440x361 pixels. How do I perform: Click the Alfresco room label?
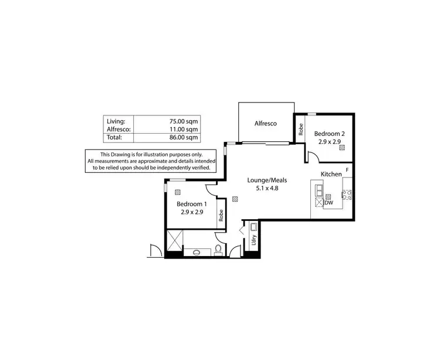[x=265, y=124]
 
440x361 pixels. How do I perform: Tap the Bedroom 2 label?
[x=329, y=134]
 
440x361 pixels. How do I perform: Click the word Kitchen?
[x=331, y=174]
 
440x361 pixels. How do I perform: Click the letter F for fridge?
[x=347, y=170]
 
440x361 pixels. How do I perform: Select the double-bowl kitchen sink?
[x=319, y=190]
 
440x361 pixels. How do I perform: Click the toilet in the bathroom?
[x=218, y=250]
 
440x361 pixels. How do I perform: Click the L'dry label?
[x=253, y=240]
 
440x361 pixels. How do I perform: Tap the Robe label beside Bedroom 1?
[x=221, y=214]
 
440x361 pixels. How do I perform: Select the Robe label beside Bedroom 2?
[x=300, y=129]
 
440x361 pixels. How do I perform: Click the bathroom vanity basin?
[x=195, y=253]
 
